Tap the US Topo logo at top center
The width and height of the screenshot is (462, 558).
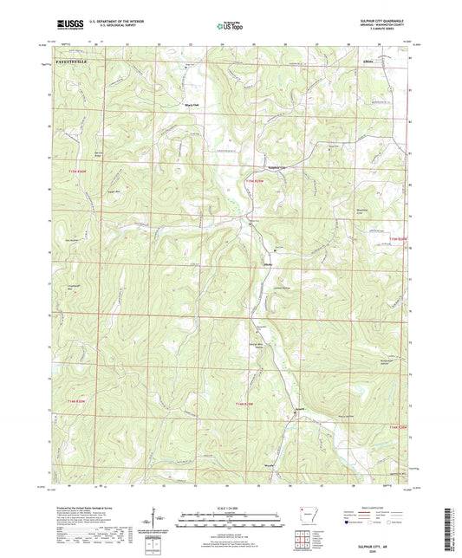[x=230, y=27]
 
